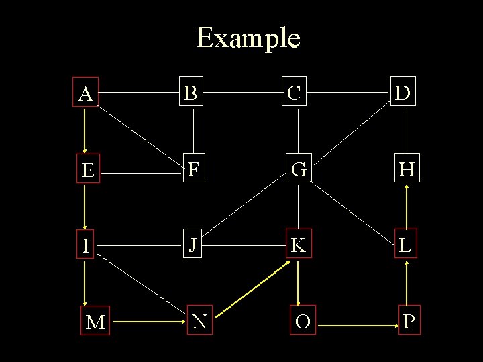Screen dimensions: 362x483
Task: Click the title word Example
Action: click(248, 38)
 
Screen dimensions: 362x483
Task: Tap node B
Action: click(192, 93)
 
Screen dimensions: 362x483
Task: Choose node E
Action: click(86, 170)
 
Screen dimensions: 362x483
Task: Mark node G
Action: click(299, 170)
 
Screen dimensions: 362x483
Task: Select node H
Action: click(405, 170)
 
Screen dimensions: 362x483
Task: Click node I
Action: click(85, 246)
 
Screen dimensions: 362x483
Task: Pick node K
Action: click(299, 246)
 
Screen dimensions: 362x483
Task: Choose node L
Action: click(405, 246)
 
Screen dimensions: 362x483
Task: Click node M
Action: click(95, 322)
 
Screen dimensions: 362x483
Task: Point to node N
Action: click(199, 322)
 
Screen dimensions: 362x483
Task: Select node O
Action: click(303, 322)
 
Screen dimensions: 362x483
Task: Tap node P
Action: click(409, 322)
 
